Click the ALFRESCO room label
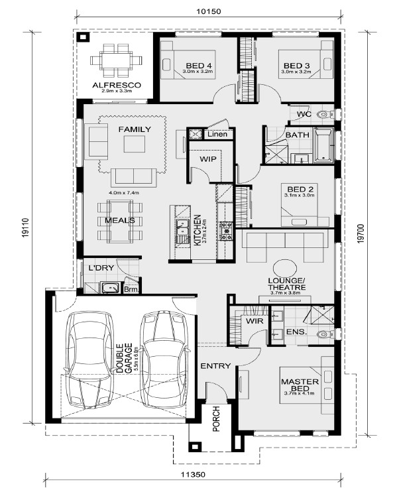click(x=117, y=85)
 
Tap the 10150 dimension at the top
click(x=208, y=11)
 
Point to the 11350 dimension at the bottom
click(x=193, y=475)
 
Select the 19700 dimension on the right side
click(x=361, y=234)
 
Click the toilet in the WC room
click(x=325, y=114)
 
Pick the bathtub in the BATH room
click(x=323, y=145)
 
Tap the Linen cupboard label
click(x=217, y=134)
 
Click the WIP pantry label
click(x=208, y=158)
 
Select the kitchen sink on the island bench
click(x=182, y=231)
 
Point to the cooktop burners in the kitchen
click(x=227, y=231)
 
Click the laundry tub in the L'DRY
click(x=110, y=288)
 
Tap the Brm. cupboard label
click(x=131, y=289)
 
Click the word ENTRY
click(x=215, y=366)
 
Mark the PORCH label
click(x=216, y=419)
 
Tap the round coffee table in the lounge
click(x=285, y=269)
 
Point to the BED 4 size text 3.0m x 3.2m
click(x=197, y=72)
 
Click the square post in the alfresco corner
click(x=83, y=38)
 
